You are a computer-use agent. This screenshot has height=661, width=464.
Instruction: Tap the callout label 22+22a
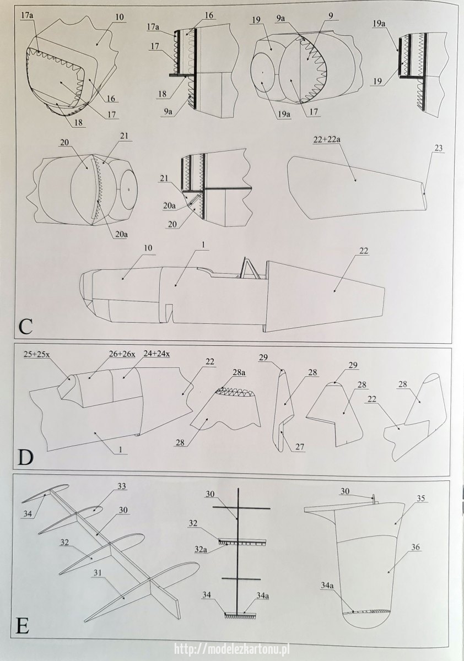pos(326,139)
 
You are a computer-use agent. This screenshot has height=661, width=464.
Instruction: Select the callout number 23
pos(439,148)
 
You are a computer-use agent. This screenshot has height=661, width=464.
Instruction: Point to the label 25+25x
pos(37,355)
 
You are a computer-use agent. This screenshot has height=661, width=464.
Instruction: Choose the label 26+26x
pos(121,355)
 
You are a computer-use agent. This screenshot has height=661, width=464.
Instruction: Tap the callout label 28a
pos(239,373)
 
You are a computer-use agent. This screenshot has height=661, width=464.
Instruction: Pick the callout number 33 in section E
pos(121,486)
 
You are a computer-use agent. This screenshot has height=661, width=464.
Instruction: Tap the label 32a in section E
pos(201,541)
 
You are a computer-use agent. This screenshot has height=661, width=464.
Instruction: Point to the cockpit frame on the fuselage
pos(250,268)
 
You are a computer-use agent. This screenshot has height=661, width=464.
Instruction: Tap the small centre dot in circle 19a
pos(262,72)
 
